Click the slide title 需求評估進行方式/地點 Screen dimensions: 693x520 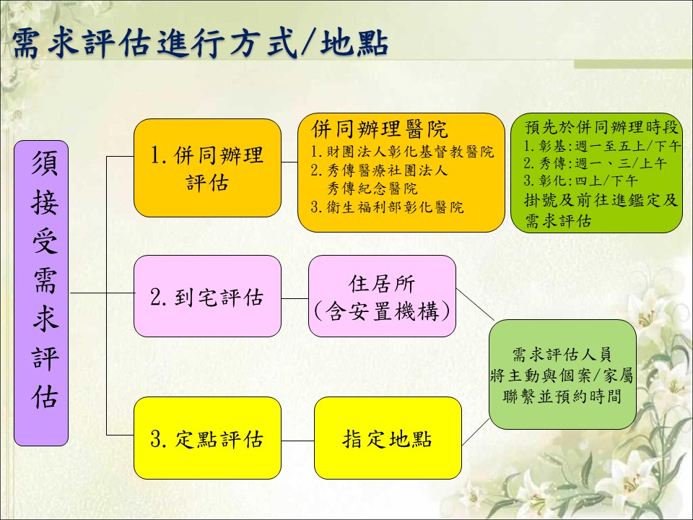[x=200, y=44]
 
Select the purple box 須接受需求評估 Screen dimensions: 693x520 [x=41, y=293]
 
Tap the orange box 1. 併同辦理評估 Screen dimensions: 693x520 [x=207, y=168]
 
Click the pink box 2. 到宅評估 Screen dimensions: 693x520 [x=207, y=296]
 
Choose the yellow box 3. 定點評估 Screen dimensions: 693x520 [x=207, y=438]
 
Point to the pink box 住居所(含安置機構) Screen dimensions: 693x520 [x=382, y=296]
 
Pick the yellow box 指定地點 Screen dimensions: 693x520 [x=388, y=438]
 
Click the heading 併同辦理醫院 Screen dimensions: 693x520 [x=379, y=129]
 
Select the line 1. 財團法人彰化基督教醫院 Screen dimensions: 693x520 [x=402, y=152]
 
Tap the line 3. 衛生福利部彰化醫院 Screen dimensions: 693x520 [x=387, y=207]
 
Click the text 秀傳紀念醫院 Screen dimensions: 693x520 [x=372, y=188]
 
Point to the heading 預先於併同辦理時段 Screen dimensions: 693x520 [x=601, y=127]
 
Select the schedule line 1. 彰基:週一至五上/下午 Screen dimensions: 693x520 [x=602, y=146]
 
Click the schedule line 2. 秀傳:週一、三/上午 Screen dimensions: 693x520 [x=595, y=164]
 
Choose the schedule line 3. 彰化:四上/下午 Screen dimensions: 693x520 [x=580, y=181]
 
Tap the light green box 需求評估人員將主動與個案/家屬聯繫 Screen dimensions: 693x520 [x=562, y=375]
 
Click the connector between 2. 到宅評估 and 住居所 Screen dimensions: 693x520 [x=295, y=298]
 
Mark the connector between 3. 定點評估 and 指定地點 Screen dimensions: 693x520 [x=297, y=441]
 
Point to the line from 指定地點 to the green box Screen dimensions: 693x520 [x=476, y=432]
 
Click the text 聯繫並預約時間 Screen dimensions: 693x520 [x=562, y=396]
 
